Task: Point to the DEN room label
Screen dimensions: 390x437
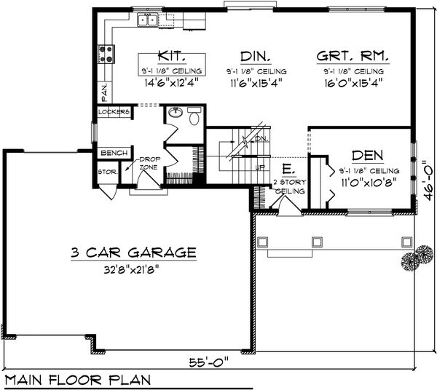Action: pos(369,156)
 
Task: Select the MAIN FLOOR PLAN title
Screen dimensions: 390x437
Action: pos(76,379)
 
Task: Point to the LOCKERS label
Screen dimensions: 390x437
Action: pos(114,112)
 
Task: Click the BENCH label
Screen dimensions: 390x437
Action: pos(114,154)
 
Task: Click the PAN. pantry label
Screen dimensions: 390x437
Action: pos(103,91)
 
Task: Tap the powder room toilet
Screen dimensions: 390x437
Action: pos(194,116)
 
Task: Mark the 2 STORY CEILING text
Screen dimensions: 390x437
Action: pos(286,186)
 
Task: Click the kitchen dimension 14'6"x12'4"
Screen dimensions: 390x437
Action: pos(172,82)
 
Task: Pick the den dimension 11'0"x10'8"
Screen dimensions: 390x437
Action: pos(369,184)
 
